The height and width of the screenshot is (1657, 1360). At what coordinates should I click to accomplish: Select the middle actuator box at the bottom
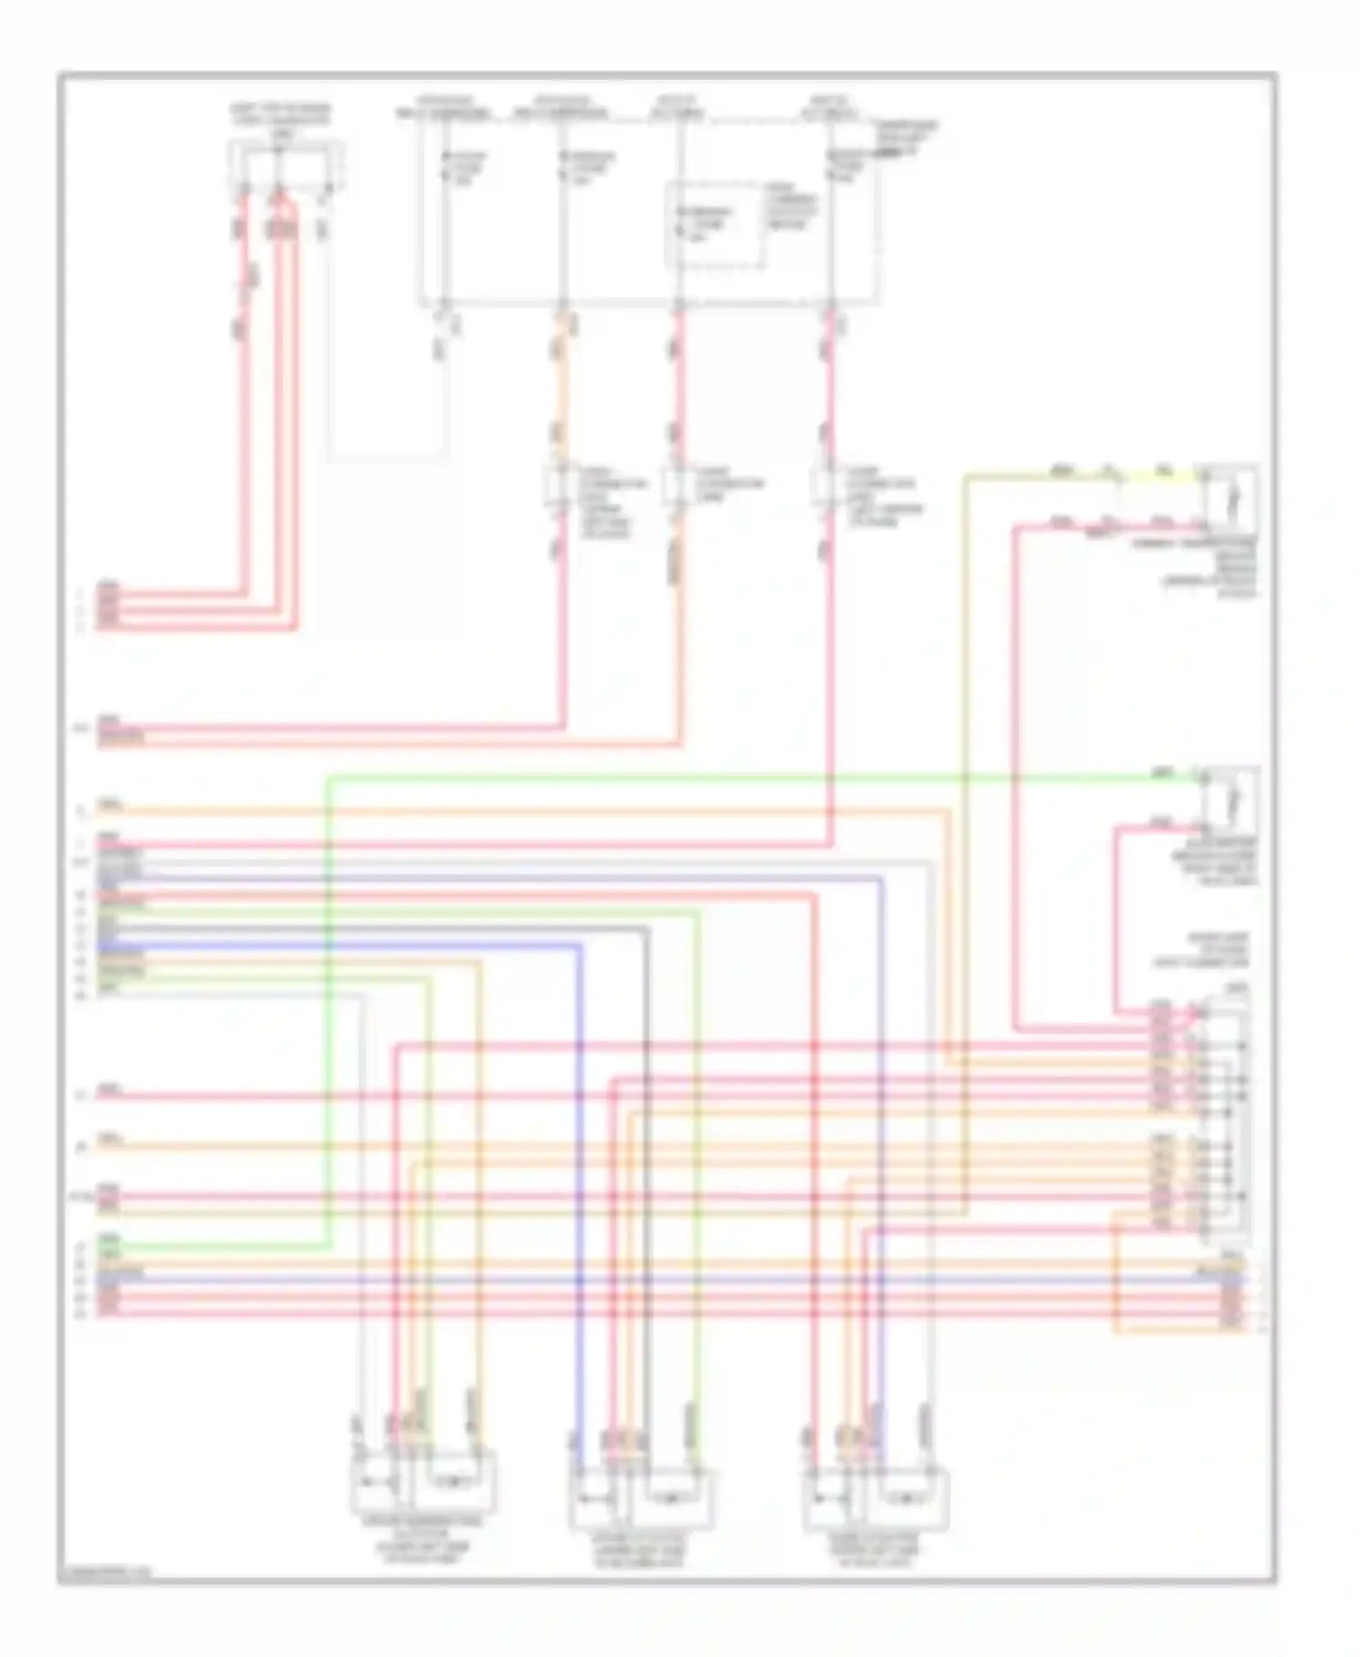click(642, 1499)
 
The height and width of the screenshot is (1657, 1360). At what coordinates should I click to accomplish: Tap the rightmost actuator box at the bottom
click(876, 1501)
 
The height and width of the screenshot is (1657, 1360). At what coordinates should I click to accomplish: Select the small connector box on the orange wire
click(559, 486)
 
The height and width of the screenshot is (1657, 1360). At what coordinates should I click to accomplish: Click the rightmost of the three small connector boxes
click(824, 486)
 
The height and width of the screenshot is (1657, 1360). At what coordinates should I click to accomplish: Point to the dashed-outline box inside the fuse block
click(714, 224)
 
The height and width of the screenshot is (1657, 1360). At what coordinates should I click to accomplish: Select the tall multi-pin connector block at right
click(1224, 1115)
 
